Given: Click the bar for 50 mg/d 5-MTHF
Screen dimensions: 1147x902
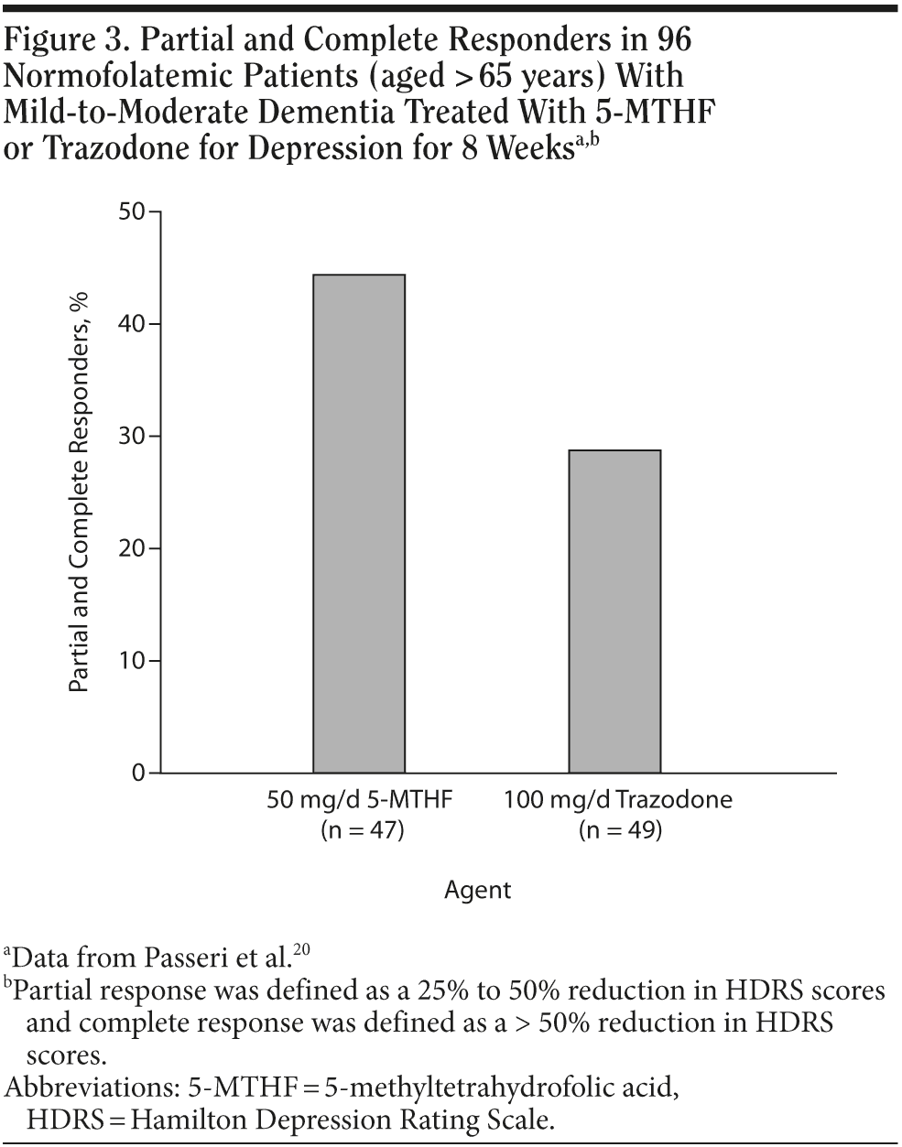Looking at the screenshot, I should pyautogui.click(x=359, y=524).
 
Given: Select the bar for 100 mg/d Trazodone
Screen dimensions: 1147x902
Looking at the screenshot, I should pyautogui.click(x=614, y=611).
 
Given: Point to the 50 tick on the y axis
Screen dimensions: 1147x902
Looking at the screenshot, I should pyautogui.click(x=133, y=212).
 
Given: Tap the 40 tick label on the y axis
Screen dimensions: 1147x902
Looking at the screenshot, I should pyautogui.click(x=133, y=324).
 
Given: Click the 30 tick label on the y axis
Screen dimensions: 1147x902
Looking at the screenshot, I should pyautogui.click(x=133, y=437).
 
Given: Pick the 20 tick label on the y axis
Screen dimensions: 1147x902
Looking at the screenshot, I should pyautogui.click(x=133, y=548).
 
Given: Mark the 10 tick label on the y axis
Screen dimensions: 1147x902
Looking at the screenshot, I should pyautogui.click(x=133, y=661).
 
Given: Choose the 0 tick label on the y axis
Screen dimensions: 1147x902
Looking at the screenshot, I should pyautogui.click(x=139, y=774).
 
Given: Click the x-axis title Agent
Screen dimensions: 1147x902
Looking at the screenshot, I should pyautogui.click(x=477, y=889).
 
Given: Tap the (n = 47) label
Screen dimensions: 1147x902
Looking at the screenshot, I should pyautogui.click(x=362, y=830).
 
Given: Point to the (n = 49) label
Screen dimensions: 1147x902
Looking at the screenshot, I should pyautogui.click(x=619, y=830).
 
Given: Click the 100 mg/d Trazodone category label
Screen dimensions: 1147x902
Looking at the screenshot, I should pyautogui.click(x=618, y=800).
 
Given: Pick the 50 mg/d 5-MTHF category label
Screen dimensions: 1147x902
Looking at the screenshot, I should pyautogui.click(x=361, y=800).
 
